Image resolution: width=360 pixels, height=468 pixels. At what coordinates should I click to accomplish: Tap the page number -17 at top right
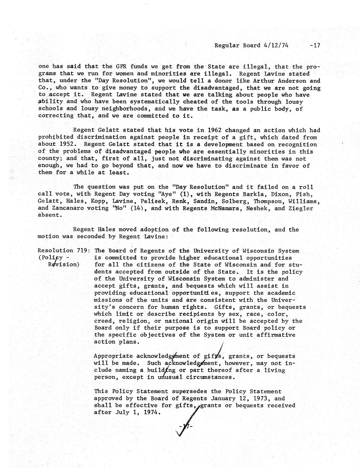pos(315,45)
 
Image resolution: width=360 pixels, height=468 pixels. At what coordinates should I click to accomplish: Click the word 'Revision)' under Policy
pos(64,265)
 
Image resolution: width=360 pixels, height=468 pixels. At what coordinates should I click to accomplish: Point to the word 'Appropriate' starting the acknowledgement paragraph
pos(113,356)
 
